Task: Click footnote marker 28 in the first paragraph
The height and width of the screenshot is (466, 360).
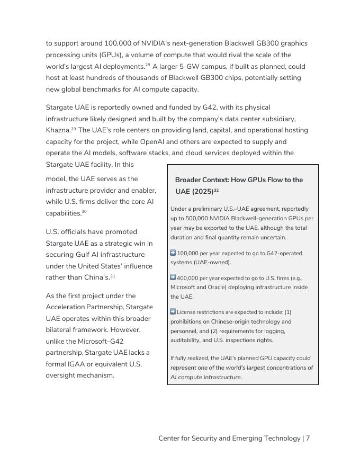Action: click(x=148, y=65)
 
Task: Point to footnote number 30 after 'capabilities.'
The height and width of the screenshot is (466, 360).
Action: click(x=84, y=211)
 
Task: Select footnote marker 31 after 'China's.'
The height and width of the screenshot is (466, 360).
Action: click(x=113, y=276)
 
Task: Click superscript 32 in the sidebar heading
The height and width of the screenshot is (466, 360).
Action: click(x=216, y=190)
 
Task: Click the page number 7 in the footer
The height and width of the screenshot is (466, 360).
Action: click(x=308, y=438)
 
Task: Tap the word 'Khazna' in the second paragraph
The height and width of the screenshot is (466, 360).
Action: click(x=58, y=130)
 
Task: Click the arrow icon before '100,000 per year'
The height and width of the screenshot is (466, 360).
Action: click(x=173, y=253)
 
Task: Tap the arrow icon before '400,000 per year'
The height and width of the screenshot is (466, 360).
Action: click(x=173, y=277)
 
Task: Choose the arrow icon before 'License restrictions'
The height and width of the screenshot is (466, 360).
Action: click(x=173, y=312)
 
